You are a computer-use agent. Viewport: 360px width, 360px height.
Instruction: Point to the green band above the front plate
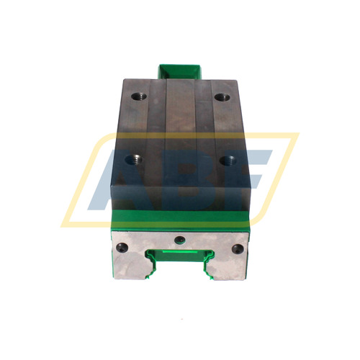click(180, 217)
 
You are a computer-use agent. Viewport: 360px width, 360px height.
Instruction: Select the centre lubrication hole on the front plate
click(180, 238)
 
